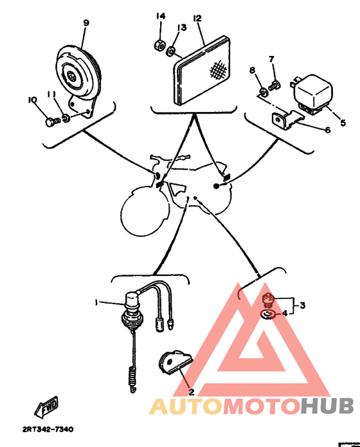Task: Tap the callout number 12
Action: click(x=197, y=19)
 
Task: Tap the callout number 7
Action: click(x=271, y=60)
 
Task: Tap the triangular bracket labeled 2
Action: click(x=172, y=362)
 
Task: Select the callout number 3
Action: click(x=303, y=305)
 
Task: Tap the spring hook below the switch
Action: click(x=133, y=378)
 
